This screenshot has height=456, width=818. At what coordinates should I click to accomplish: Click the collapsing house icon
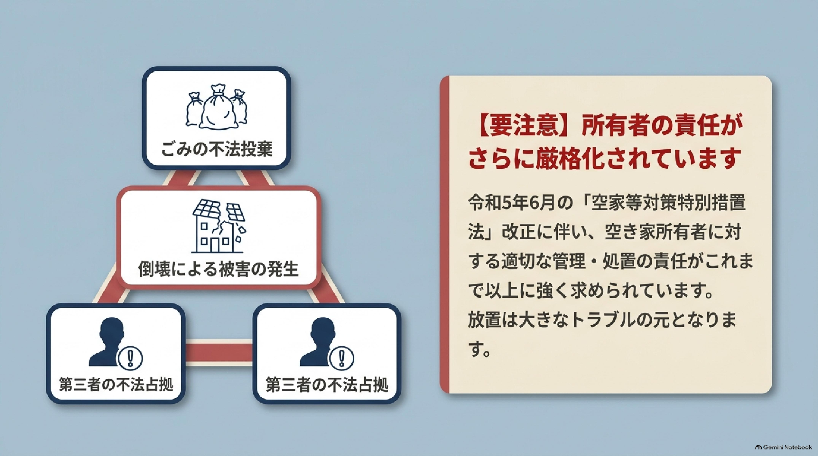(x=218, y=226)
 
